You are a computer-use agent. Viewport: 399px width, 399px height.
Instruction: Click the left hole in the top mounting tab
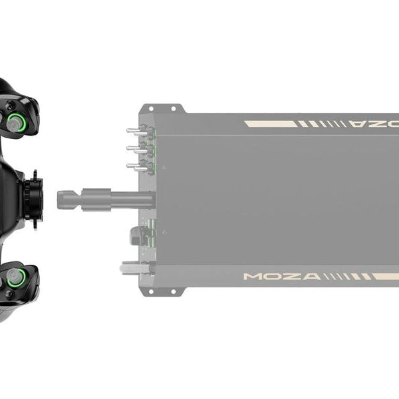click(x=150, y=108)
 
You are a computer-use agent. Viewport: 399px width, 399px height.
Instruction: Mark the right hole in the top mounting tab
click(x=173, y=108)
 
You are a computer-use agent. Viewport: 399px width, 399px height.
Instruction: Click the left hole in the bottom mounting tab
click(x=150, y=291)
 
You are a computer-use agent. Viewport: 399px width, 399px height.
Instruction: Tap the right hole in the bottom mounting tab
click(x=173, y=291)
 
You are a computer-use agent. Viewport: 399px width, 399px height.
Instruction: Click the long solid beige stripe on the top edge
click(x=269, y=124)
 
